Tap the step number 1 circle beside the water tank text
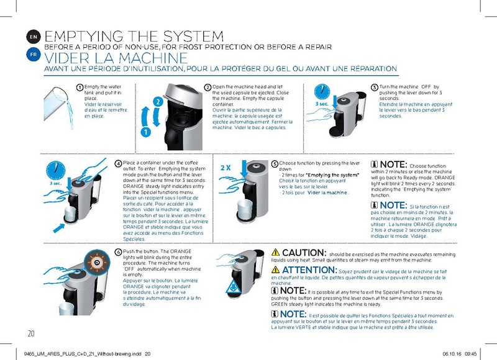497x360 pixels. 80,87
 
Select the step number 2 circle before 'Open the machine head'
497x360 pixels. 208,87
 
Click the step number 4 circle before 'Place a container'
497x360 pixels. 119,163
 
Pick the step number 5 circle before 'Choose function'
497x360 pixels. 275,163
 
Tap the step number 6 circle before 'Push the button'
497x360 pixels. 119,252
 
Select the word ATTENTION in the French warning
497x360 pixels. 310,271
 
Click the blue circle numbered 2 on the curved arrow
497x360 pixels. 158,101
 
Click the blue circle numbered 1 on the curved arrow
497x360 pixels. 144,132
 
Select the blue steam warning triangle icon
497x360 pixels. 232,286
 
